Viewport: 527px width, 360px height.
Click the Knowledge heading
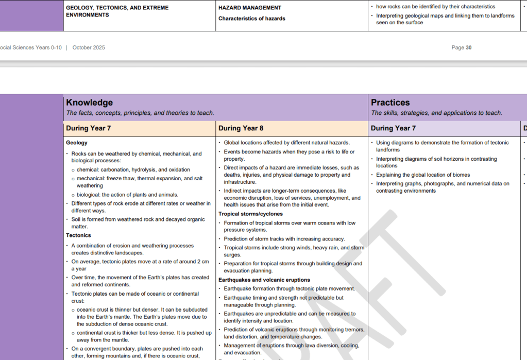89,102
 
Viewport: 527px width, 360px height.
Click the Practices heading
390,102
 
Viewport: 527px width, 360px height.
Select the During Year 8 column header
241,128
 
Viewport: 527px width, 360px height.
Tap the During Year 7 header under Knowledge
88,128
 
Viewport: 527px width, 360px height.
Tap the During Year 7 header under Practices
393,128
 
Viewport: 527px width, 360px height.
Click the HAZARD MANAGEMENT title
250,8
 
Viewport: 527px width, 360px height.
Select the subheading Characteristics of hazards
251,19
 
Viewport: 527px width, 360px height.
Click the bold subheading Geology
77,143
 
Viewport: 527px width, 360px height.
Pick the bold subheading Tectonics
78,235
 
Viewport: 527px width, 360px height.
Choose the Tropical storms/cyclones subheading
250,214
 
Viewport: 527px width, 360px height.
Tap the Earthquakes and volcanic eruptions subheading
264,280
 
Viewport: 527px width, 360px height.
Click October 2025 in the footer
89,48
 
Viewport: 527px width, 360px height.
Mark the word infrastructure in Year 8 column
240,182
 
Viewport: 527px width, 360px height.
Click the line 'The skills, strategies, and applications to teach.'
436,113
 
